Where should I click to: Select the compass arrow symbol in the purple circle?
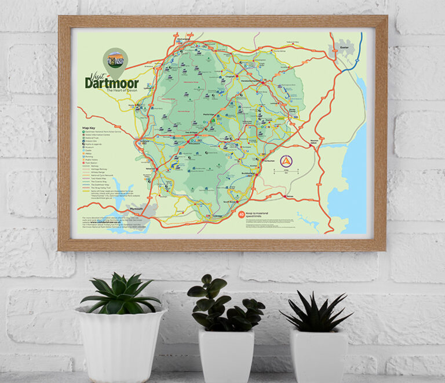(286, 161)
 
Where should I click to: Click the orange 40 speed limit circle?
(241, 214)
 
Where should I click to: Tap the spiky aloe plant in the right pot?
(315, 313)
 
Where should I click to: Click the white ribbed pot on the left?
(120, 346)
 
